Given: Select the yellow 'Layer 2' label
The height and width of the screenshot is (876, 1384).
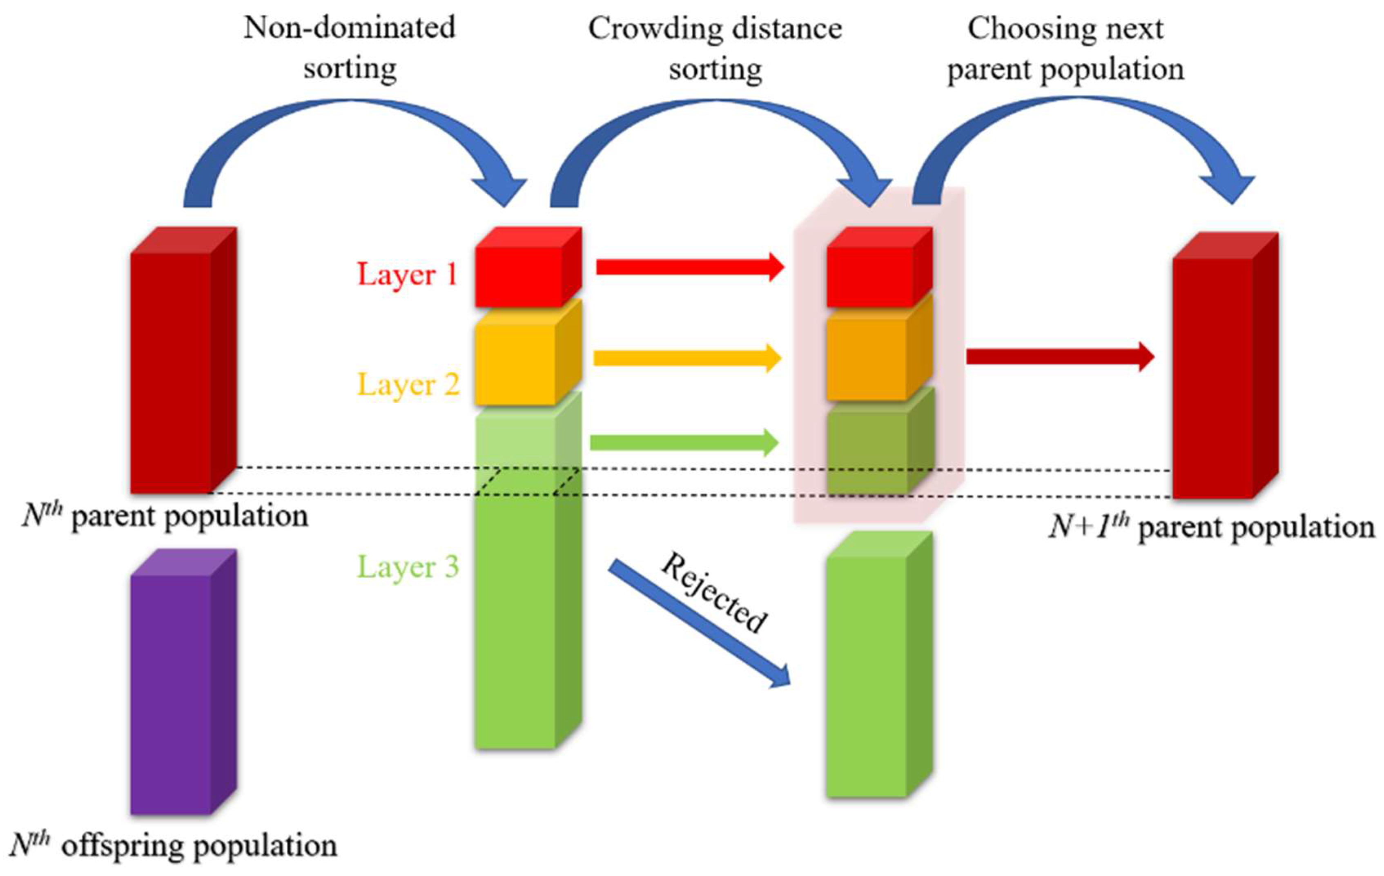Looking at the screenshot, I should click(x=408, y=384).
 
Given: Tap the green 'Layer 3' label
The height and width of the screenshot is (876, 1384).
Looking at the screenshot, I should click(x=408, y=567).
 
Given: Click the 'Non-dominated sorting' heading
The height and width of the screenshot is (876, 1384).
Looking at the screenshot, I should click(x=350, y=48).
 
